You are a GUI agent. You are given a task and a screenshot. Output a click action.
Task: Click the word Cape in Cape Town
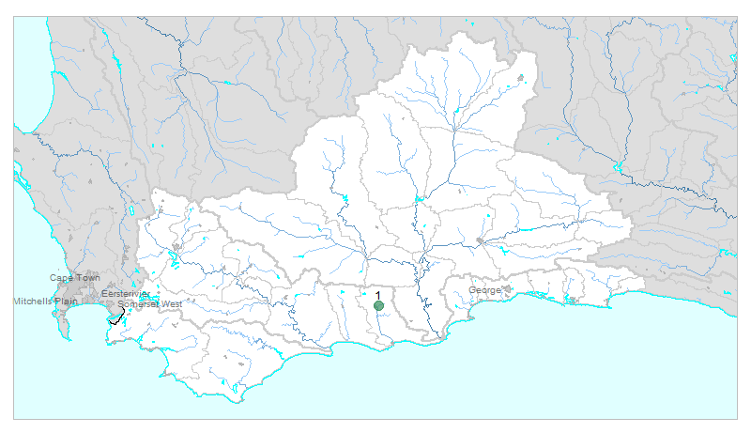(x=61, y=278)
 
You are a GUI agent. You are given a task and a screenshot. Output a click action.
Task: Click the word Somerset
(x=136, y=303)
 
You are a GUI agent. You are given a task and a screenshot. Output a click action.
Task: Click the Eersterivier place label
(x=125, y=294)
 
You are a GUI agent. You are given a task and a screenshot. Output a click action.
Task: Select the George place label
(x=484, y=290)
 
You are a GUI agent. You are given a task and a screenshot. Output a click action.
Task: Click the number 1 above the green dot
(x=378, y=296)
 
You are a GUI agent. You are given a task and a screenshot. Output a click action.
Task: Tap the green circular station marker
(x=378, y=306)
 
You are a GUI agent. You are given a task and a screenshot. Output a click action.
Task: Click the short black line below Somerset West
(x=116, y=318)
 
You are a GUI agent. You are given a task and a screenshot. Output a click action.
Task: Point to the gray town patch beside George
(x=507, y=289)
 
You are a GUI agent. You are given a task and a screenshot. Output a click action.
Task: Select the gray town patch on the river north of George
(x=481, y=242)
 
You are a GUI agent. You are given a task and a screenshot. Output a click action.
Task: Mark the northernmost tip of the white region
(x=459, y=34)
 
